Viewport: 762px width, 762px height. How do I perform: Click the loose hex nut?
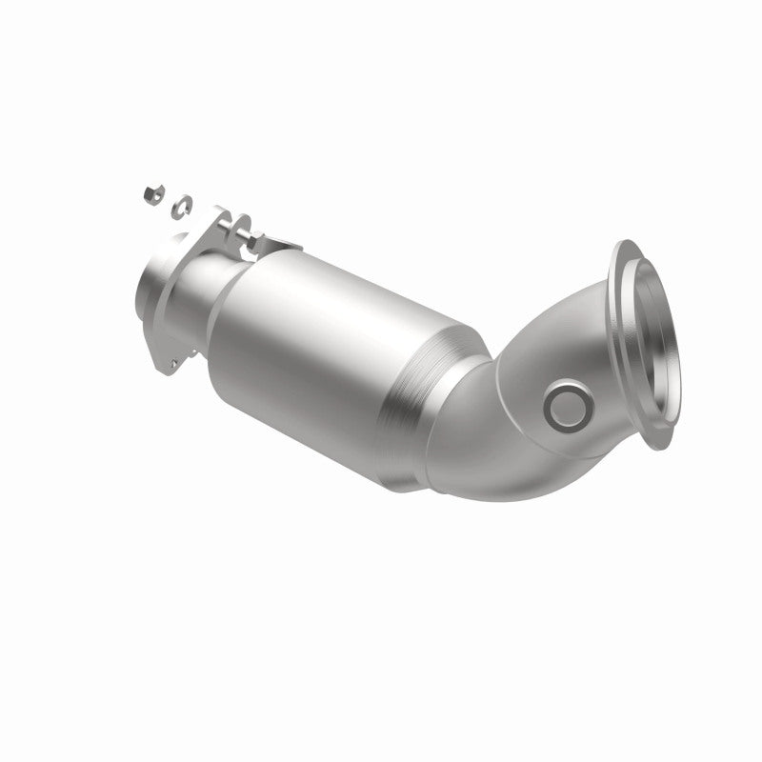[150, 194]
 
